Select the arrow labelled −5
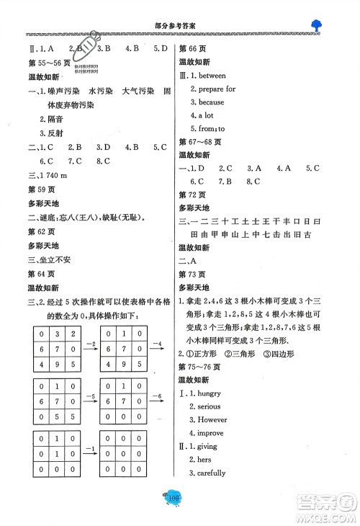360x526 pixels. [89, 401]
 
